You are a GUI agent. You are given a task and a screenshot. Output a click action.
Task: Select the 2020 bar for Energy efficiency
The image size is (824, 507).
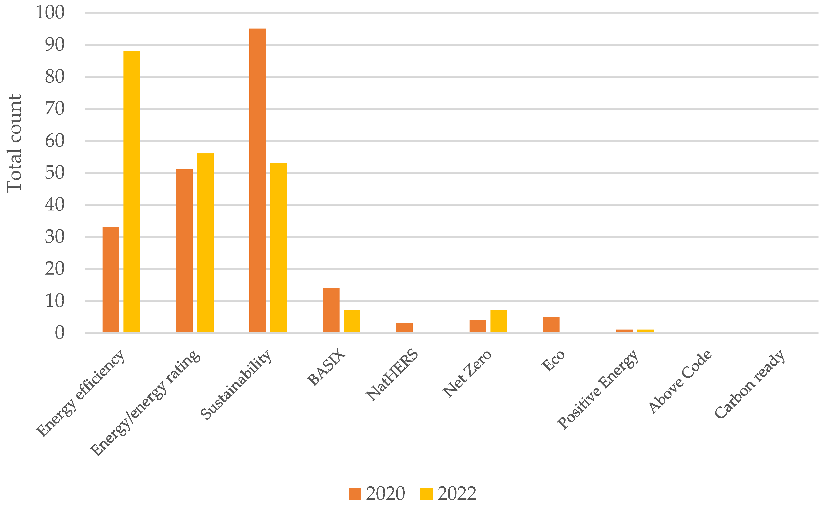pyautogui.click(x=111, y=280)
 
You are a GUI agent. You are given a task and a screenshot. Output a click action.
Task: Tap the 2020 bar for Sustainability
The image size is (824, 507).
pyautogui.click(x=258, y=180)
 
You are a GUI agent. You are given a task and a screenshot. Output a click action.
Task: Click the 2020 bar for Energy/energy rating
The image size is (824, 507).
pyautogui.click(x=184, y=251)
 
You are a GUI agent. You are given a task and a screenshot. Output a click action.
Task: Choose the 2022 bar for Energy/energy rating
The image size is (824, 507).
pyautogui.click(x=205, y=243)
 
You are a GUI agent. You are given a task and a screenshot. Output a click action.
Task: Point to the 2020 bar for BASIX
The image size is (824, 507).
pyautogui.click(x=331, y=310)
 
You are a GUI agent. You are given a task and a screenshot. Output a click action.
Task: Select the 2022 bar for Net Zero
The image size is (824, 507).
pyautogui.click(x=499, y=321)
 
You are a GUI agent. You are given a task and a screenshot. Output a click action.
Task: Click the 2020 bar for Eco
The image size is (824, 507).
pyautogui.click(x=551, y=324)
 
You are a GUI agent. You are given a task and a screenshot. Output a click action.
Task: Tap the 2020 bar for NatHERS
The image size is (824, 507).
pyautogui.click(x=404, y=328)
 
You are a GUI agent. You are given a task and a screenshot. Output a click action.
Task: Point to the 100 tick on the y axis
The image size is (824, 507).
pyautogui.click(x=50, y=13)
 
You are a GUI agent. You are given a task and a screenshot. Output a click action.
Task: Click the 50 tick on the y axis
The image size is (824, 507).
pyautogui.click(x=55, y=173)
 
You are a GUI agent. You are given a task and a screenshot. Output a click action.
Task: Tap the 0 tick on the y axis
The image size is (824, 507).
pyautogui.click(x=60, y=333)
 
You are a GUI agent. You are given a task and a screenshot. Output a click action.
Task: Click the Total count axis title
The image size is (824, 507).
pyautogui.click(x=14, y=143)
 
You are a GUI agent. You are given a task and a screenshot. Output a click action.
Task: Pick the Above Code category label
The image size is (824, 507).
pyautogui.click(x=680, y=382)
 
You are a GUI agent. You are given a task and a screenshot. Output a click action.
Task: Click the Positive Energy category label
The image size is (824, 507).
pyautogui.click(x=599, y=390)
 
